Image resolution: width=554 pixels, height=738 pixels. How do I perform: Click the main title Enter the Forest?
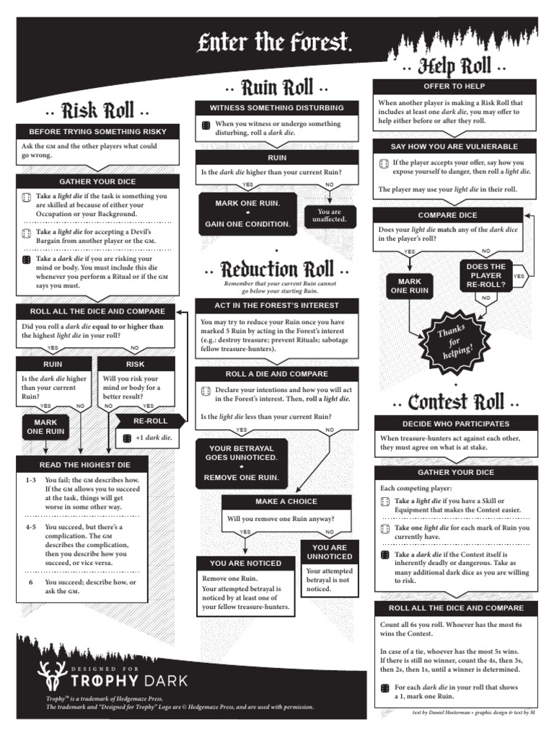click(x=275, y=45)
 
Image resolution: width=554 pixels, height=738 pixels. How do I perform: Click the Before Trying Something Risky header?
click(x=97, y=132)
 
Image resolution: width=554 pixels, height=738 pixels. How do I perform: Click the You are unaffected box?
click(x=330, y=215)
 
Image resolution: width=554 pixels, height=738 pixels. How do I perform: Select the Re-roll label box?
click(x=151, y=421)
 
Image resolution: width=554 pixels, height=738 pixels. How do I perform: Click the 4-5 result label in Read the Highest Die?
click(x=30, y=528)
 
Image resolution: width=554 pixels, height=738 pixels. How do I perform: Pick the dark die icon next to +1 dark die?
click(x=127, y=437)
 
